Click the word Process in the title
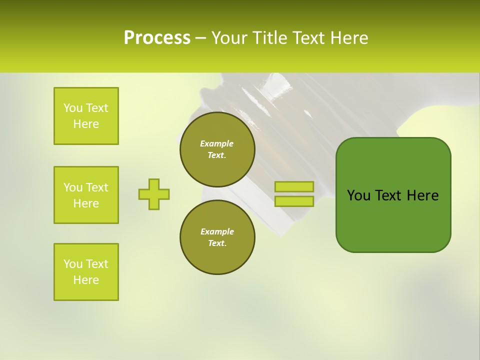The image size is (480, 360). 157,38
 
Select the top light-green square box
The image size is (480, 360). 86,116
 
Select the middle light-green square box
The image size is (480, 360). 86,195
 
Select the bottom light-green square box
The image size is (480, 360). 86,272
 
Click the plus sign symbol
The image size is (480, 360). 154,194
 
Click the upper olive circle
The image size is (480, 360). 217,149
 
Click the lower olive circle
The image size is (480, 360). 217,237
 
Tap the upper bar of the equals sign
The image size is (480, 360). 294,186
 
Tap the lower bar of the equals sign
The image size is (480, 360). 294,201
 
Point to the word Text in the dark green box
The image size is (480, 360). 389,195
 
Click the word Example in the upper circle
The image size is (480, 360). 217,143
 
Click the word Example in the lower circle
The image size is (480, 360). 217,231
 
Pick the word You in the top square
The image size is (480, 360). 73,108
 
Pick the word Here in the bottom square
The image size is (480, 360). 86,280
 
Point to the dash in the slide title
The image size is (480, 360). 200,38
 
